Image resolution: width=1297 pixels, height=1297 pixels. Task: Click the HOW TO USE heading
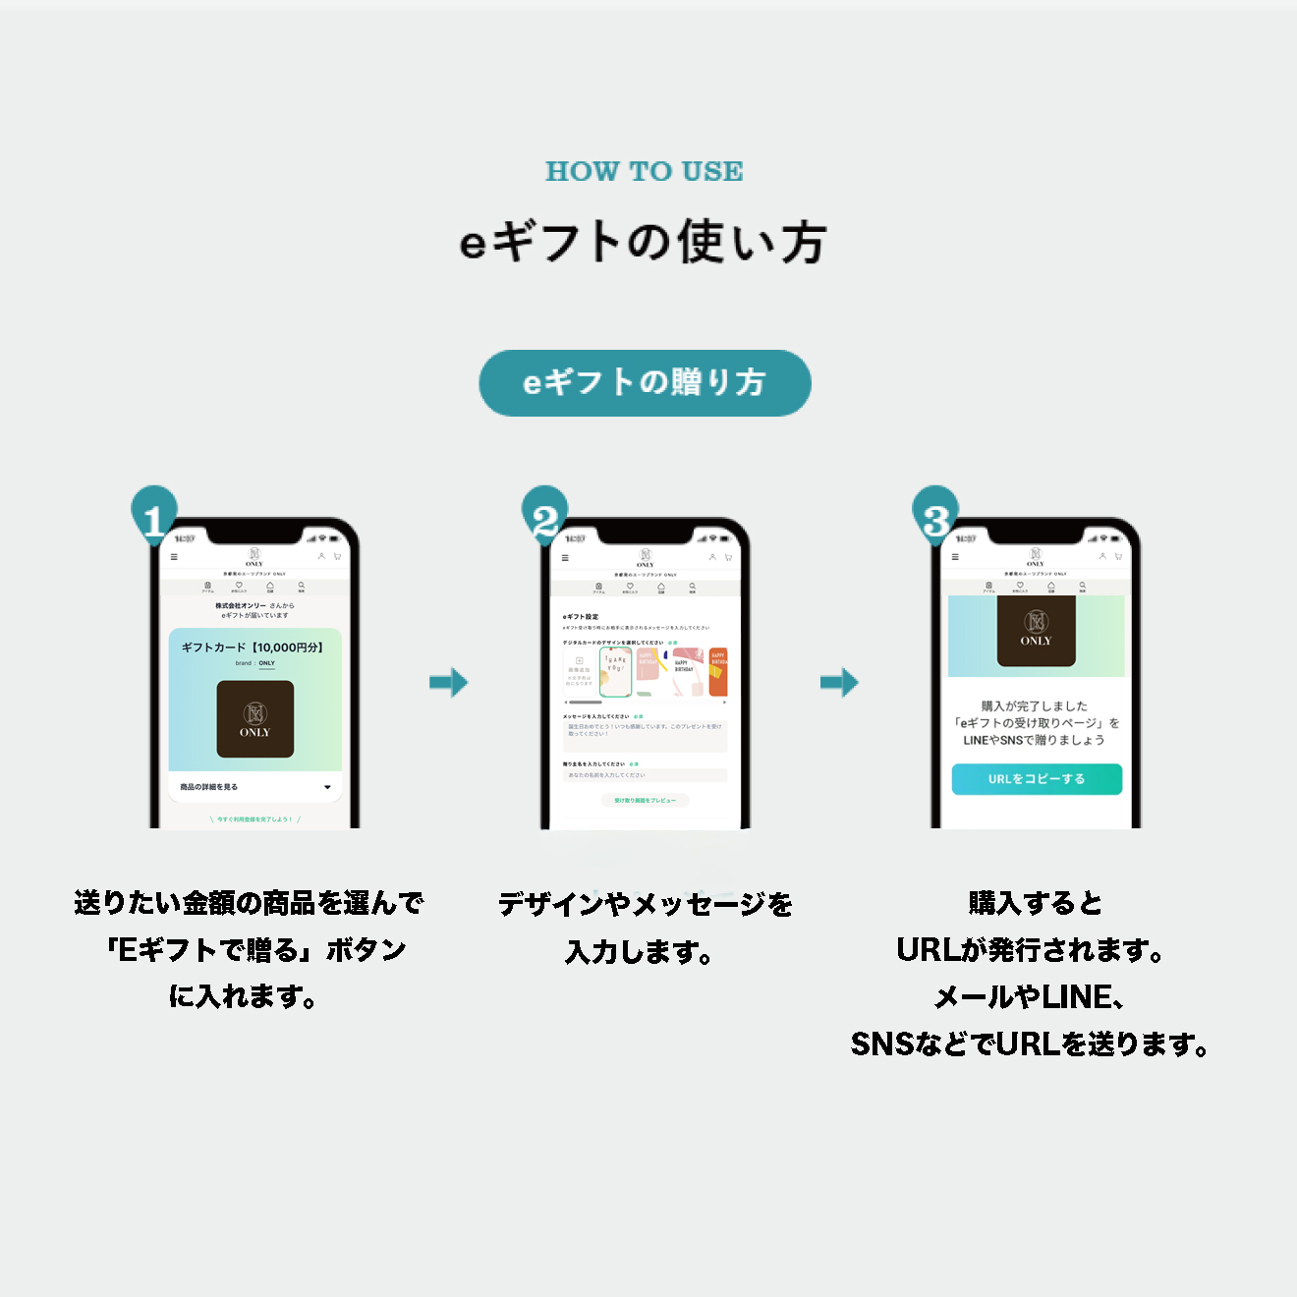[x=645, y=171]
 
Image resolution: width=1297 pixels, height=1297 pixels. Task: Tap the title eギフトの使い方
[x=644, y=242]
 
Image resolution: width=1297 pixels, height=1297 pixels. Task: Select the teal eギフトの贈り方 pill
[x=645, y=383]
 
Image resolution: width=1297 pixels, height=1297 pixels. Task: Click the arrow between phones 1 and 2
[x=449, y=682]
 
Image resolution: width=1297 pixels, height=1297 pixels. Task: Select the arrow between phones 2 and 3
[x=840, y=682]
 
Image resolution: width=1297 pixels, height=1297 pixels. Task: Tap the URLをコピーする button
[x=1037, y=779]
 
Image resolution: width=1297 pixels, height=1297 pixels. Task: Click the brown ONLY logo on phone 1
[x=255, y=719]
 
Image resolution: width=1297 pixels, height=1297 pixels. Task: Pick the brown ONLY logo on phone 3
[x=1036, y=630]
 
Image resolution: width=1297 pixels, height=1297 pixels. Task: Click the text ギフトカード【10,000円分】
[x=253, y=648]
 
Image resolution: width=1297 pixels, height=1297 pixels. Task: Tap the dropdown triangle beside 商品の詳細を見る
[x=327, y=787]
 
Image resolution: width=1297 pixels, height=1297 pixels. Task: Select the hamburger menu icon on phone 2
[x=565, y=557]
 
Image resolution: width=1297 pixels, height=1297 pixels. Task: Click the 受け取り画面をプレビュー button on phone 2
[x=645, y=801]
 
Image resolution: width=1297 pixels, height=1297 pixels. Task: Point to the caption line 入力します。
[x=639, y=951]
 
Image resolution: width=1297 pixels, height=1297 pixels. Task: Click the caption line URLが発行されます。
[x=1032, y=950]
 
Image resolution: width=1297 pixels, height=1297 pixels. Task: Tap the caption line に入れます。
[x=244, y=996]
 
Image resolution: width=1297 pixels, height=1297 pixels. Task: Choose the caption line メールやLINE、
[x=1030, y=997]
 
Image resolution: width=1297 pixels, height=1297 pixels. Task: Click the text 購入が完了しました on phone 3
[x=1035, y=705]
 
